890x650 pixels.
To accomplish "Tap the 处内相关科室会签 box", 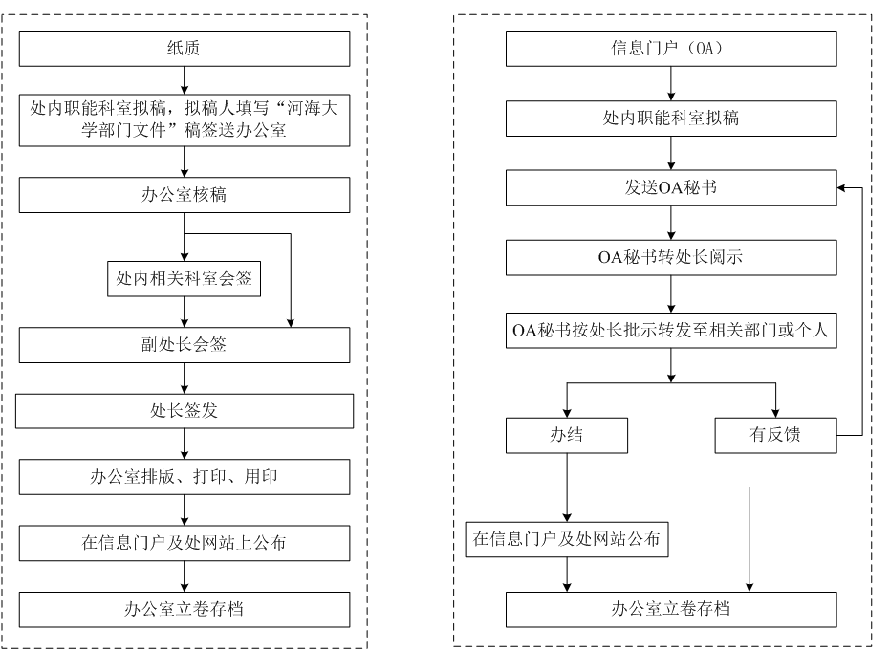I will (x=184, y=279).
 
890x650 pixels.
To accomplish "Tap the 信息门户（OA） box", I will (x=671, y=48).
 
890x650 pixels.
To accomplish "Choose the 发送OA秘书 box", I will (x=671, y=188).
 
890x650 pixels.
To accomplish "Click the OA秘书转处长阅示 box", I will (x=671, y=257).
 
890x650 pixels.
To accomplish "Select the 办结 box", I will (x=567, y=435).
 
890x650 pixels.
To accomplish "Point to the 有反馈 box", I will (x=775, y=435).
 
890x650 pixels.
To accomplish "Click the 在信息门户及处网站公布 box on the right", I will (x=566, y=539).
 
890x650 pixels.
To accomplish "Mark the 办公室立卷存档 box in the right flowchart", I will (x=671, y=608).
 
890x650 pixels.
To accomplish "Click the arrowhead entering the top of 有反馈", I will (x=775, y=412).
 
